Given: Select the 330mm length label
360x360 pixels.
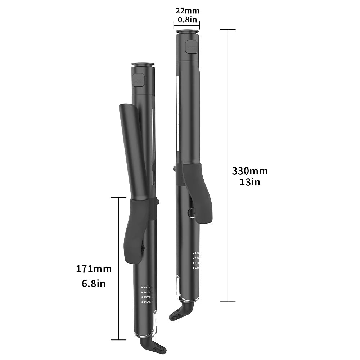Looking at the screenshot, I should coord(249,171).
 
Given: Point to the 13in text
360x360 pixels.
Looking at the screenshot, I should coord(249,182).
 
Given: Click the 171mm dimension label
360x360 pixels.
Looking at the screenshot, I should coord(94,269).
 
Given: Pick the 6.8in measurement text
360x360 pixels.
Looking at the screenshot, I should coord(94,283).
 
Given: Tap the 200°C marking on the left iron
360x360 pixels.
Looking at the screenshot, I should coord(147,288).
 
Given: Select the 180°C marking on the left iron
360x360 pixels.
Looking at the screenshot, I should coord(147,292).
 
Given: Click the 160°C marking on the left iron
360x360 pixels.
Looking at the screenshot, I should coord(147,297).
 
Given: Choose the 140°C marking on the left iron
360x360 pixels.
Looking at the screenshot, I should coord(147,302).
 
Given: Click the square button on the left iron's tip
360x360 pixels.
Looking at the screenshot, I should coord(138,80).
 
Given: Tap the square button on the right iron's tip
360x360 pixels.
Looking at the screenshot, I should coord(191,47).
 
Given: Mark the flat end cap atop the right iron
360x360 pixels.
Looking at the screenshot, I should coord(188,32).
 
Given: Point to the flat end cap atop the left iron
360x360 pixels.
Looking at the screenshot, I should coord(143,65).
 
